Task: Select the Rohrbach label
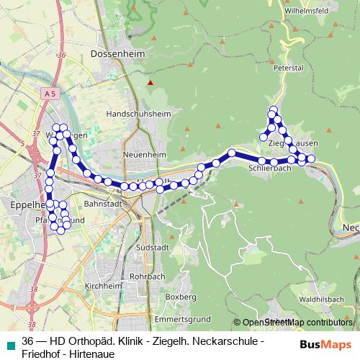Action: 150,276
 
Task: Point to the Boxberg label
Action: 181,297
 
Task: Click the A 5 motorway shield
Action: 49,94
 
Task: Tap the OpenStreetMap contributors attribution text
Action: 296,323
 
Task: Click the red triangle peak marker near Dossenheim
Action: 150,83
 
